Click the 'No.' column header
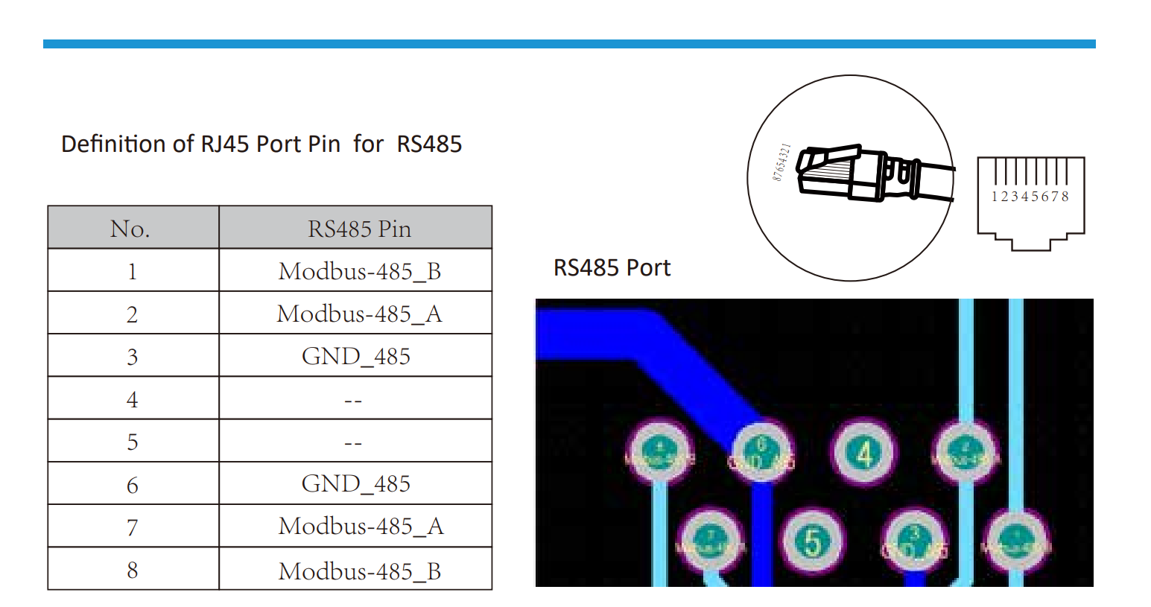pos(130,229)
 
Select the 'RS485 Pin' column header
pos(359,229)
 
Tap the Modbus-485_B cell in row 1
pos(359,271)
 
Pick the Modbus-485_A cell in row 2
pos(359,314)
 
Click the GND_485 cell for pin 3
pos(355,356)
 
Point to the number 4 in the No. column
pos(132,400)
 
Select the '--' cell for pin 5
pos(353,443)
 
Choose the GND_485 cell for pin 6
pos(355,484)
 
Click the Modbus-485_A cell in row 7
pos(361,527)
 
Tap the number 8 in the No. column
pos(132,571)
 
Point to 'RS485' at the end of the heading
pos(429,144)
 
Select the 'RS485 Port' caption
pos(612,268)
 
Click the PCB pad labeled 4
pos(863,453)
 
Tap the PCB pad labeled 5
pos(813,541)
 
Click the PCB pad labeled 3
pos(915,542)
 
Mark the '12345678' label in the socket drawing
pos(1030,197)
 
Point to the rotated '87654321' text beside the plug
pos(781,162)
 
